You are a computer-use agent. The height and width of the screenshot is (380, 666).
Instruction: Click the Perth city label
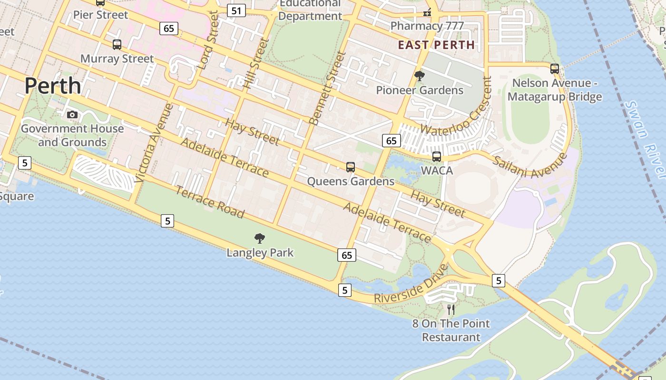tap(53, 86)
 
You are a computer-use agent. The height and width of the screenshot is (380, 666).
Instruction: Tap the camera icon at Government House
tap(72, 114)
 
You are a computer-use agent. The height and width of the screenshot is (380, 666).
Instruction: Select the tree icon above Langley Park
tap(260, 238)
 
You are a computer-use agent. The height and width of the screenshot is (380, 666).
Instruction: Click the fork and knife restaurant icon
tap(451, 310)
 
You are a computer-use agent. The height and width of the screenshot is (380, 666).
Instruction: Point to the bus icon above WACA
tap(436, 156)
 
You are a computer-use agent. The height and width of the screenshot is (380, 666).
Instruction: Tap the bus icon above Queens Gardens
tap(351, 167)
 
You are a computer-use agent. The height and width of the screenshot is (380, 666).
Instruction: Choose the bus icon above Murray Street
tap(117, 45)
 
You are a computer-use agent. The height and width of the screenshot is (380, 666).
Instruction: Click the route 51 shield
tap(236, 10)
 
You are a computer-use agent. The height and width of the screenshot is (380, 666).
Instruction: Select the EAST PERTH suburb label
tap(436, 45)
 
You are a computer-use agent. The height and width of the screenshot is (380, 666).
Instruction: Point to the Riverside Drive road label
tap(411, 285)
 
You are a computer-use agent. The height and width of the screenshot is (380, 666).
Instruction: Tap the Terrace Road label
tap(210, 202)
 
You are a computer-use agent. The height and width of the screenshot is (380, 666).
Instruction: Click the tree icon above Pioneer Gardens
tap(420, 76)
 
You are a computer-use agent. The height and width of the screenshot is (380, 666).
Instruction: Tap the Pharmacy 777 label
tap(427, 26)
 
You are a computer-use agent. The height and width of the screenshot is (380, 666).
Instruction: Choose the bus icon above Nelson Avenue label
tap(555, 68)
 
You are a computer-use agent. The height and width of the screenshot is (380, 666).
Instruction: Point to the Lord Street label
tap(209, 40)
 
